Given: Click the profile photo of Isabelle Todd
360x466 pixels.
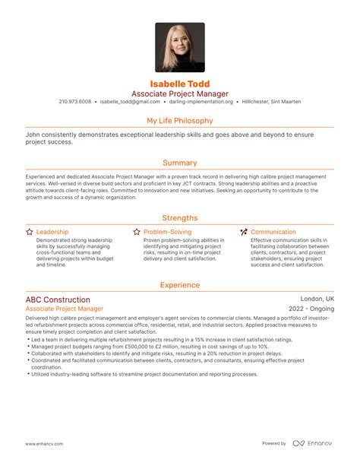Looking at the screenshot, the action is coord(180,47).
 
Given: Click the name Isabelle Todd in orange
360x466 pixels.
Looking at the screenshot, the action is coord(180,83).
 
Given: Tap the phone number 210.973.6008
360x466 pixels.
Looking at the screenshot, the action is coord(74,101).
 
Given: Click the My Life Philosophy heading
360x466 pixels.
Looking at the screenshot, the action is coord(180,120).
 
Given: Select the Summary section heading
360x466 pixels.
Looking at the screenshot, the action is coord(180,163).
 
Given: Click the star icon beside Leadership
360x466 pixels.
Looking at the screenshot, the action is coord(29,231).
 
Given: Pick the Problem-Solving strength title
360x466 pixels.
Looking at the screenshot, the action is coord(166,231).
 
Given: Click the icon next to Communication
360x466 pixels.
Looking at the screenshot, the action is coord(243,231).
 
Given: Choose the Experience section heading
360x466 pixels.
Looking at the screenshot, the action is coord(180,285).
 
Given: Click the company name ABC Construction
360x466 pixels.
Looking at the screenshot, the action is coord(58,300).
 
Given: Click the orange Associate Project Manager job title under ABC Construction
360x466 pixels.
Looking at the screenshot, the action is coord(65,309).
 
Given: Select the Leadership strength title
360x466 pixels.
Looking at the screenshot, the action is coord(52,231).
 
